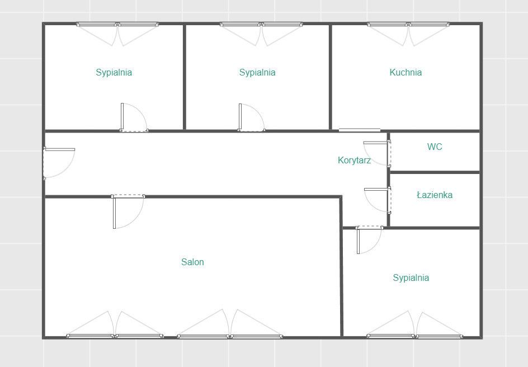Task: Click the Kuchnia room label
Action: (x=406, y=72)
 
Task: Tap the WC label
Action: (x=435, y=147)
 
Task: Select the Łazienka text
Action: (x=435, y=195)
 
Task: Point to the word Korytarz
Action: (x=354, y=160)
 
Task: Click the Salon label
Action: (x=192, y=262)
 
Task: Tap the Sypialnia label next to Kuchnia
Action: (x=257, y=72)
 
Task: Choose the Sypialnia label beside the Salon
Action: (x=411, y=278)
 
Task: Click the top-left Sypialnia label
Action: (x=114, y=72)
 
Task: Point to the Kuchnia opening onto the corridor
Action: (x=360, y=130)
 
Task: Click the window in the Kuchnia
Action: (x=408, y=24)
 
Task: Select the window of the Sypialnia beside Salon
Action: (x=414, y=336)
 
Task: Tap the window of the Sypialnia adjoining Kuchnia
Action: (x=261, y=24)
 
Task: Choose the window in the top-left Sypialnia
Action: (x=117, y=24)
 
